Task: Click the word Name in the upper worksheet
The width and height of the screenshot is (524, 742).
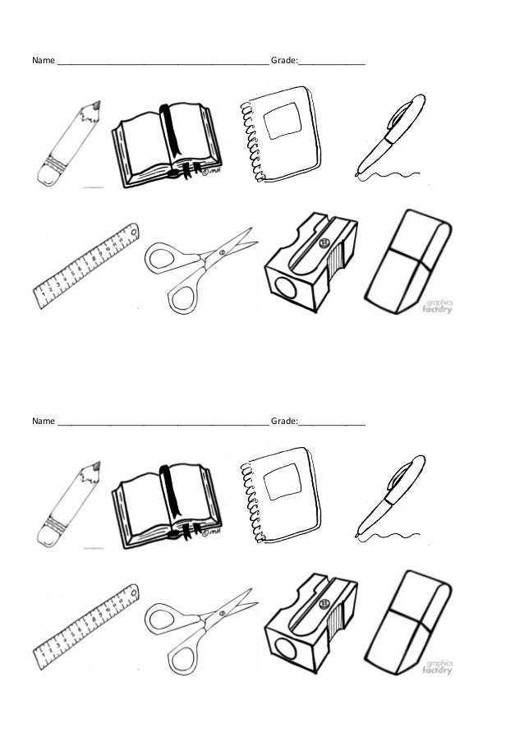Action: [43, 61]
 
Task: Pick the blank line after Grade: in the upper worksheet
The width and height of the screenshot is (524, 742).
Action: [332, 62]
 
